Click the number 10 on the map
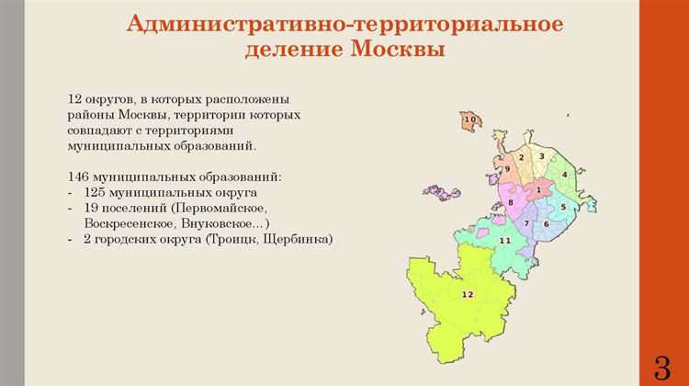tap(469, 120)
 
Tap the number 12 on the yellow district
tap(467, 294)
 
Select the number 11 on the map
tap(504, 240)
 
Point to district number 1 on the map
tap(538, 188)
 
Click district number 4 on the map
tap(565, 174)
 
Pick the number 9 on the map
tap(506, 169)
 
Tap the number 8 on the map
tap(510, 202)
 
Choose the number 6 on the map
tap(546, 224)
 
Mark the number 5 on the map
tap(562, 207)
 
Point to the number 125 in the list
tap(96, 192)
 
